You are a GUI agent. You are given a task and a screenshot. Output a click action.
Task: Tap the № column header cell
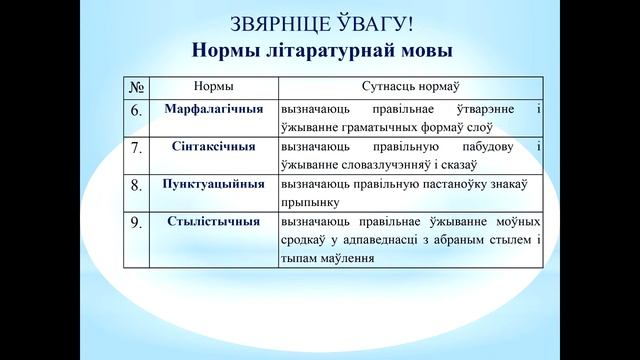tap(139, 87)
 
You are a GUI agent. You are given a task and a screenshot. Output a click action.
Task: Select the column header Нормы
tap(212, 87)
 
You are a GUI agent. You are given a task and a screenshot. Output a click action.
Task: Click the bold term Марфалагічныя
tap(212, 107)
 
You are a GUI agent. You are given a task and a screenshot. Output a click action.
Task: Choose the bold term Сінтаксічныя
tap(212, 146)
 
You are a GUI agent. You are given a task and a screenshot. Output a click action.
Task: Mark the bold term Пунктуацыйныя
tap(212, 184)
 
